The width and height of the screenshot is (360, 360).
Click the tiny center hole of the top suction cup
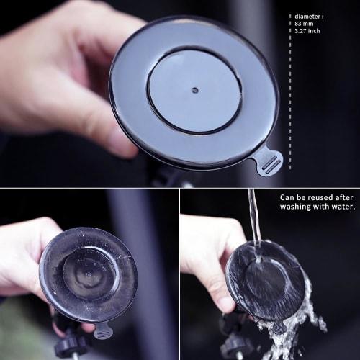194,91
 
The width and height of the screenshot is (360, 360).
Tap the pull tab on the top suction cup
269,160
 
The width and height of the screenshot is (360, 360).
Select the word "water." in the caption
341,207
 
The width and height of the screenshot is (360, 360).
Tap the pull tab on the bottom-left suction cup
103,331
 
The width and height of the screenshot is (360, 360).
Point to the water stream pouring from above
253,216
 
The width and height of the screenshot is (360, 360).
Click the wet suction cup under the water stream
265,281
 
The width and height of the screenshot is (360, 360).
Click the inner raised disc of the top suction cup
194,91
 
